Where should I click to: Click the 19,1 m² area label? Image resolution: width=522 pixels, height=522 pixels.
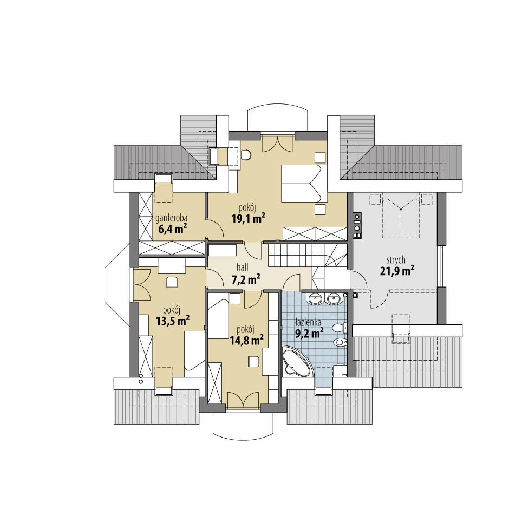pyautogui.click(x=248, y=219)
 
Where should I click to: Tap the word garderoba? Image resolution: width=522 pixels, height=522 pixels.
pyautogui.click(x=172, y=219)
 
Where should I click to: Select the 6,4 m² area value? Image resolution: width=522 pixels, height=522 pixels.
pyautogui.click(x=173, y=229)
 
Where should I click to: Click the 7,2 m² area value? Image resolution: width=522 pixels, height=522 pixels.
pyautogui.click(x=245, y=279)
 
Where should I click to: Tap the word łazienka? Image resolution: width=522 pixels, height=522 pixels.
pyautogui.click(x=308, y=321)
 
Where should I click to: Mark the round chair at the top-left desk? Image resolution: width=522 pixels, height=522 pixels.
pyautogui.click(x=247, y=155)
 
